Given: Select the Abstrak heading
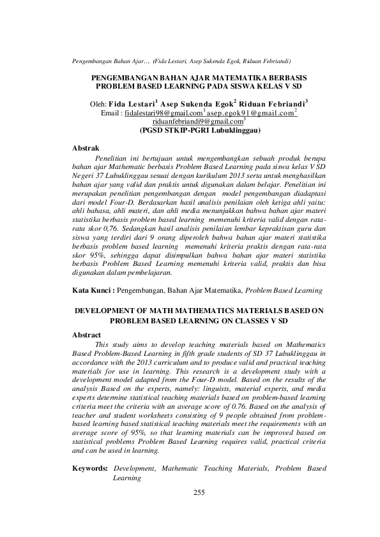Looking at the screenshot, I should [x=86, y=147].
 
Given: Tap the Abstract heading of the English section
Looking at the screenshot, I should [x=87, y=335].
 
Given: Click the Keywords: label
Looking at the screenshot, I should [x=89, y=468].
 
